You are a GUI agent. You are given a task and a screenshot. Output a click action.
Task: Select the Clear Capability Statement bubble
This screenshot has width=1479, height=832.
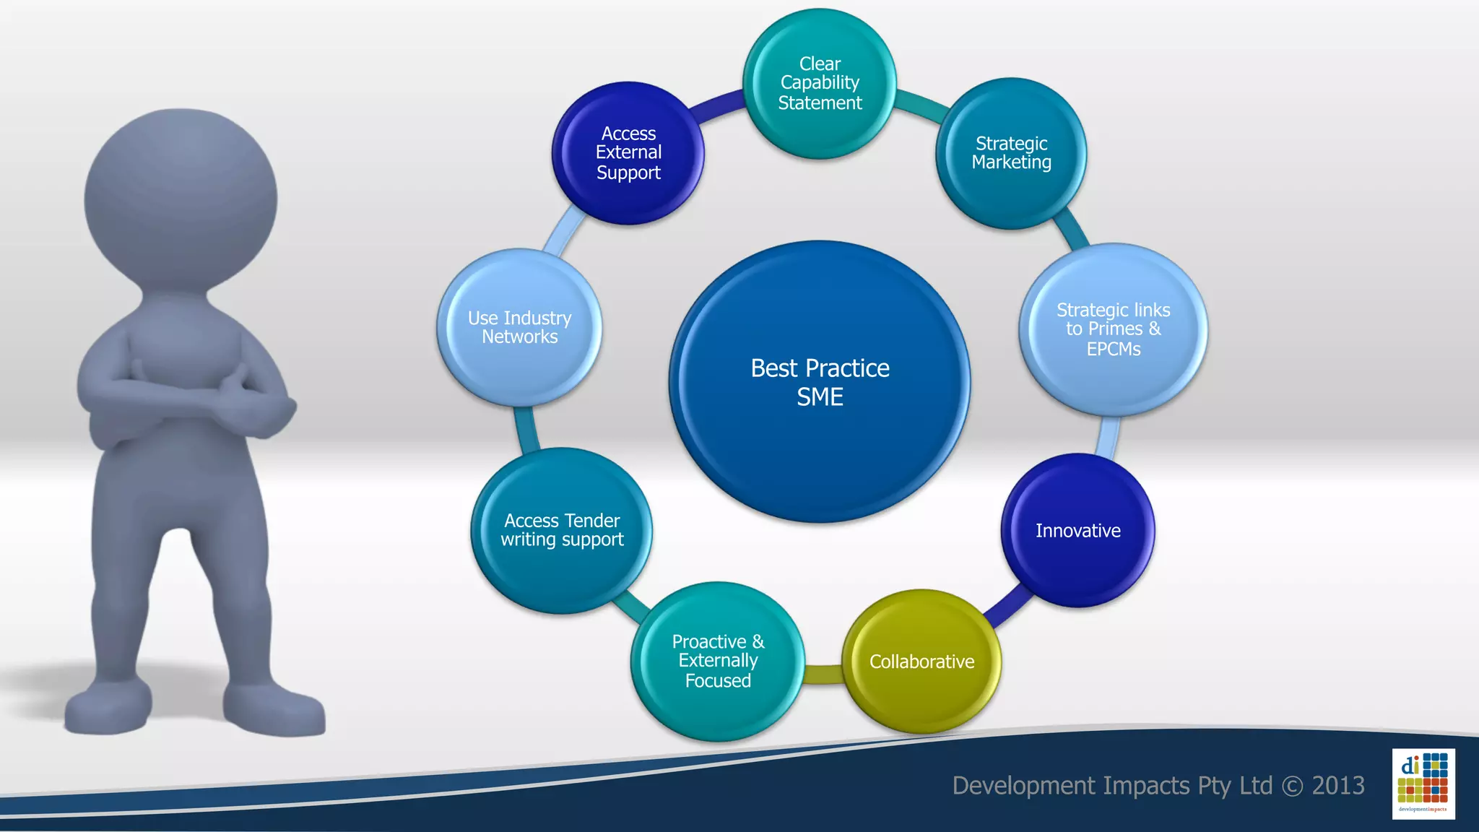click(820, 83)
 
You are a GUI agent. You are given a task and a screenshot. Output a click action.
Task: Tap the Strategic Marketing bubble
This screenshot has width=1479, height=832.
click(1011, 153)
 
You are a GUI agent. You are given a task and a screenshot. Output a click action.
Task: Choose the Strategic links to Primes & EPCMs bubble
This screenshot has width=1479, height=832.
click(1113, 329)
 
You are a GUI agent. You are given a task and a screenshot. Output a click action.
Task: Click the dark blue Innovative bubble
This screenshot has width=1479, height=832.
click(1077, 531)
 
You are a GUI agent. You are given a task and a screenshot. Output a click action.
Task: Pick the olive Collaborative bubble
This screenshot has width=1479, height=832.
click(921, 662)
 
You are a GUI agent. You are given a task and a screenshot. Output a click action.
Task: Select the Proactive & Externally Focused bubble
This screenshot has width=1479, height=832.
click(718, 661)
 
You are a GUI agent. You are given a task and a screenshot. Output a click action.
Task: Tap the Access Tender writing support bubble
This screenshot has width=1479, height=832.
click(562, 530)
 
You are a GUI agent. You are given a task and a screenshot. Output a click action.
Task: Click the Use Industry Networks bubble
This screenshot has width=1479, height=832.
click(519, 327)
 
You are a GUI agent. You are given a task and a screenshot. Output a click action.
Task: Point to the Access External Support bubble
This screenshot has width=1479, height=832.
click(628, 153)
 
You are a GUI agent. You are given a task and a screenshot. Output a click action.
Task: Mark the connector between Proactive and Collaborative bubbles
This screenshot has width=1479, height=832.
click(823, 673)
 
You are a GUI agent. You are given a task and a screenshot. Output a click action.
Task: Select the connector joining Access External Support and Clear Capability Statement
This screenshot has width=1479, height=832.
click(719, 105)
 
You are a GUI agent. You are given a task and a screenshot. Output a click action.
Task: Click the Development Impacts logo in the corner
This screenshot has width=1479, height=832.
click(1423, 784)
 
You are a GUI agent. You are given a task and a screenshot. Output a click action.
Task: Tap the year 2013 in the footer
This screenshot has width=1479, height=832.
click(1338, 785)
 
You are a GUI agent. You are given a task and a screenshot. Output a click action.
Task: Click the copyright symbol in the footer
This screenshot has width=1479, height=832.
click(1292, 786)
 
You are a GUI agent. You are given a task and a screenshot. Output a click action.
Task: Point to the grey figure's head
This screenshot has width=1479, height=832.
click(181, 199)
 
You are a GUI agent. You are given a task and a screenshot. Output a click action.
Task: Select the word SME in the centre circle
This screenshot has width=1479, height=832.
click(820, 397)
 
